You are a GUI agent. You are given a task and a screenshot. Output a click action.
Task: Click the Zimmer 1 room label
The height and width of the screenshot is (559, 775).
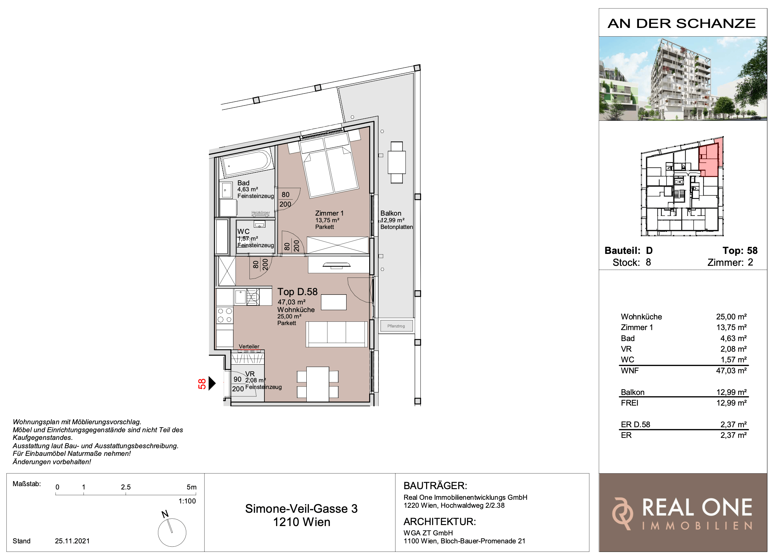tap(329, 213)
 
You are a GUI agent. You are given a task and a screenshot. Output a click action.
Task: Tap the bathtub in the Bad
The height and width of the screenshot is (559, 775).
tap(247, 163)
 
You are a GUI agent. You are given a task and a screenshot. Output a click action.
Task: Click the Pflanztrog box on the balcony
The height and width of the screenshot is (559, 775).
tap(396, 326)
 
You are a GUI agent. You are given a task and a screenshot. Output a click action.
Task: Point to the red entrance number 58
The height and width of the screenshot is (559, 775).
tap(202, 384)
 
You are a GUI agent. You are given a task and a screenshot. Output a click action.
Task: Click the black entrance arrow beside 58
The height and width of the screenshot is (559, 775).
tap(212, 383)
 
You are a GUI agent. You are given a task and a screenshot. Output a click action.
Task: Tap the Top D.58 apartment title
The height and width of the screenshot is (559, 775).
tap(297, 291)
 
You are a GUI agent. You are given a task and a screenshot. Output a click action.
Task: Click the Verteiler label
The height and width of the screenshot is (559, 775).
tap(249, 346)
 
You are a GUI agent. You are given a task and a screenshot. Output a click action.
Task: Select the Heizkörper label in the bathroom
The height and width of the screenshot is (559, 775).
tap(260, 213)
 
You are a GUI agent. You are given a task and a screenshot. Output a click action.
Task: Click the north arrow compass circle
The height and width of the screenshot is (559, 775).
tap(172, 533)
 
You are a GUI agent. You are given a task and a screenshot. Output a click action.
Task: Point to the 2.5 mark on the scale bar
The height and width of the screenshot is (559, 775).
tap(126, 487)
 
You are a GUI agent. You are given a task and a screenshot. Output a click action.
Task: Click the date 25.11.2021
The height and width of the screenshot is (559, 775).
tap(72, 541)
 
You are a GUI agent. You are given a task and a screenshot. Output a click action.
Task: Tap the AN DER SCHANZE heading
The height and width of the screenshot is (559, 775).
tap(682, 24)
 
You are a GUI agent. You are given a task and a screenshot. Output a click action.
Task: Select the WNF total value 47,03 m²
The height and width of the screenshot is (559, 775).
tap(731, 371)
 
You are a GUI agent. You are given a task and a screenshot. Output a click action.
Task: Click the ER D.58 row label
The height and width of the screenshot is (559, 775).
tap(635, 425)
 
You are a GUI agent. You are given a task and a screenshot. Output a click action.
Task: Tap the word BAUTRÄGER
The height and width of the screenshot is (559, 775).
tap(435, 486)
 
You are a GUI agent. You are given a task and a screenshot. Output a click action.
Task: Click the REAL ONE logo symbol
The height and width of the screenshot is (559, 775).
tap(622, 513)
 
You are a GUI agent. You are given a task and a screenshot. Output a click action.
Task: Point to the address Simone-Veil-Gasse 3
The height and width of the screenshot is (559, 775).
tap(301, 509)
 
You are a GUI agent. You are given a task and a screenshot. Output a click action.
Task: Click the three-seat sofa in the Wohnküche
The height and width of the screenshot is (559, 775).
tap(337, 334)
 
